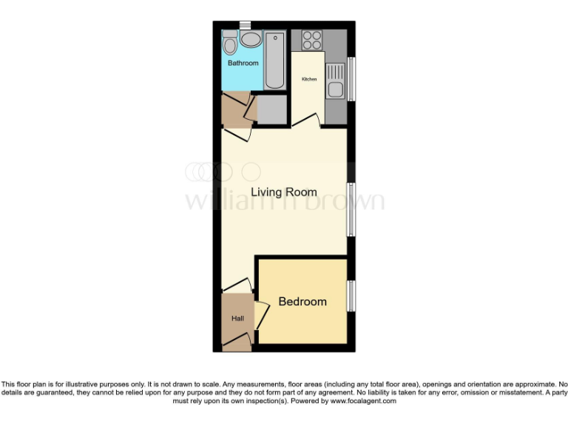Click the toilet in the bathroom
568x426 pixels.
click(230, 43)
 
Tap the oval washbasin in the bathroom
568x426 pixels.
click(251, 40)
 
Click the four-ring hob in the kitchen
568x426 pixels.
click(311, 40)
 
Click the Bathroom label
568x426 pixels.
click(243, 64)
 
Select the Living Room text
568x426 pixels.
click(283, 192)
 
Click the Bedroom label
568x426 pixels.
click(302, 302)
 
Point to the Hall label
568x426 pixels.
click(237, 319)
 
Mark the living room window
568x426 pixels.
click(351, 209)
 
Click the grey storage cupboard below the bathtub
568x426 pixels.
click(271, 109)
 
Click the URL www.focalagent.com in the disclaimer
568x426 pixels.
click(362, 401)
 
